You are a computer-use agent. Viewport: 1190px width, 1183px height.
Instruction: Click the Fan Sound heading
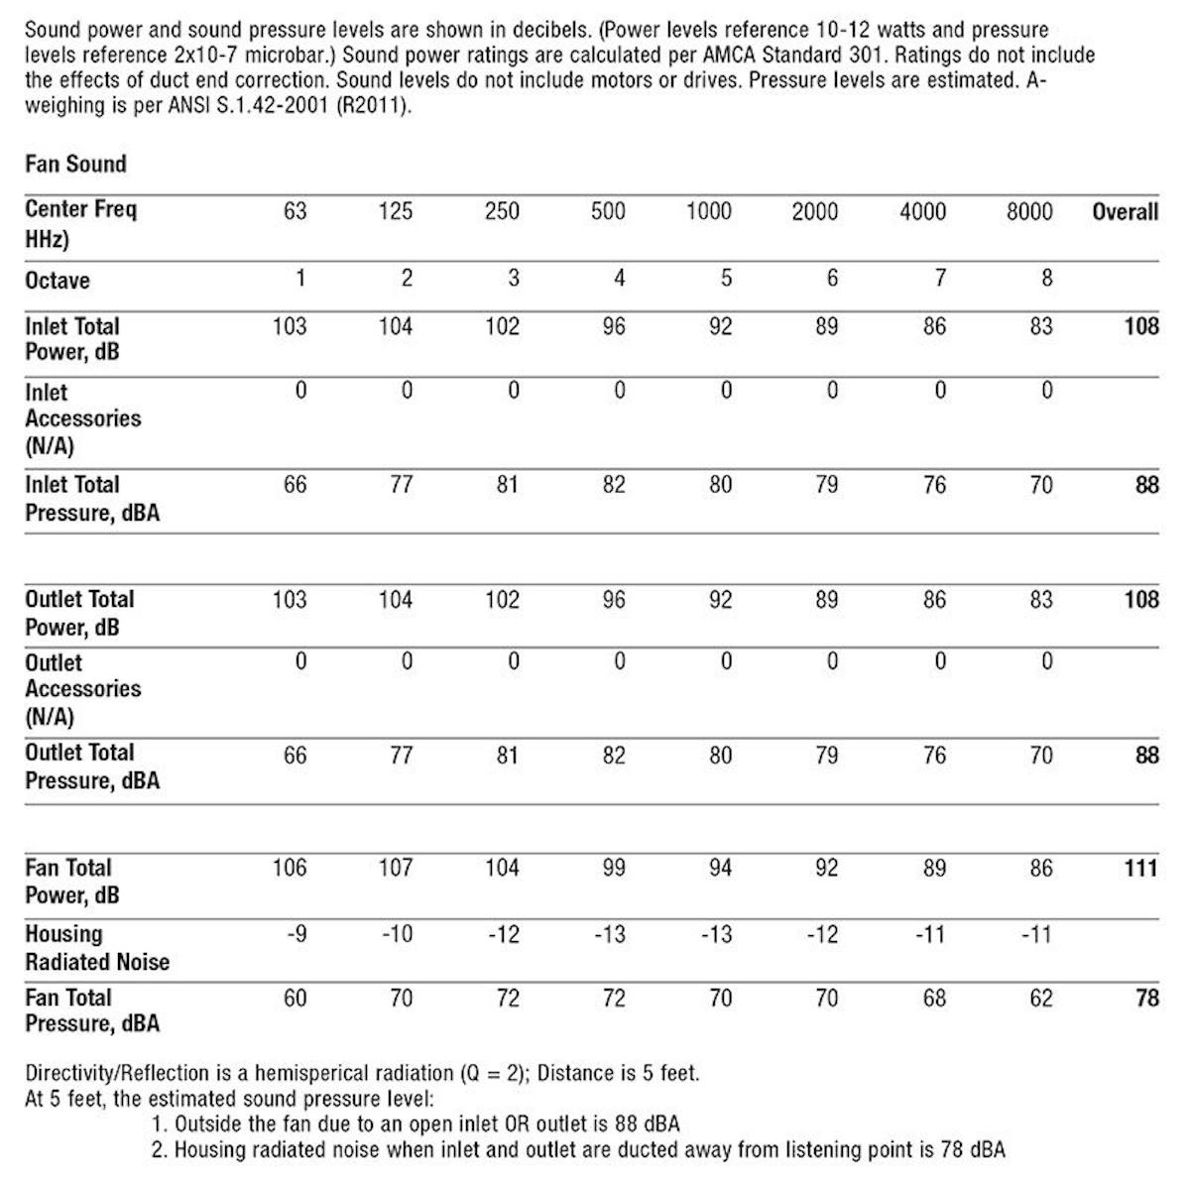(75, 164)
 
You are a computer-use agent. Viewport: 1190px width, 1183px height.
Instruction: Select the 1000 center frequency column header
(709, 211)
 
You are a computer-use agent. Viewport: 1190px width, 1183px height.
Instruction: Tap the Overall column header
(1125, 211)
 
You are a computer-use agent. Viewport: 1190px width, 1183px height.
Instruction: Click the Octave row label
(58, 281)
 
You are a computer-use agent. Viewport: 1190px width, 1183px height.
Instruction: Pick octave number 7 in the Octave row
(939, 279)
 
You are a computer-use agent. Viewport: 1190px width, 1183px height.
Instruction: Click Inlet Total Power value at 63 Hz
(290, 326)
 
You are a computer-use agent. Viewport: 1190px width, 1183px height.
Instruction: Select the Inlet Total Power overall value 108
(1140, 326)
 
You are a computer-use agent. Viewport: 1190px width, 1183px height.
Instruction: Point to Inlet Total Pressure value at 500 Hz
(614, 485)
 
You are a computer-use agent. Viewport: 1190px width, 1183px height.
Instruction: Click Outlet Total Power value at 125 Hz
(395, 600)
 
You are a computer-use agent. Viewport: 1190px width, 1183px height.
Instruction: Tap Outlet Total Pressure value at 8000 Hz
(1040, 756)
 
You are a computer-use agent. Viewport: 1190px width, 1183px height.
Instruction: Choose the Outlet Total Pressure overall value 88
(1146, 756)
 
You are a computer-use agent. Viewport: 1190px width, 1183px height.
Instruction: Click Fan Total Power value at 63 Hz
(290, 869)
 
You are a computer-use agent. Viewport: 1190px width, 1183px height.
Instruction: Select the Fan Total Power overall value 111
(1140, 869)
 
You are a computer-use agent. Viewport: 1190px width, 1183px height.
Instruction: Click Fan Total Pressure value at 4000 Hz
(934, 998)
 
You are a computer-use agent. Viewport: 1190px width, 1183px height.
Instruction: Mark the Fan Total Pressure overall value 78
(1146, 998)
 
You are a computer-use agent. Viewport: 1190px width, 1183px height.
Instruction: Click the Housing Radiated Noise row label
(96, 948)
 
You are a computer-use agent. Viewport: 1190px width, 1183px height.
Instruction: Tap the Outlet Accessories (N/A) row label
(82, 689)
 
